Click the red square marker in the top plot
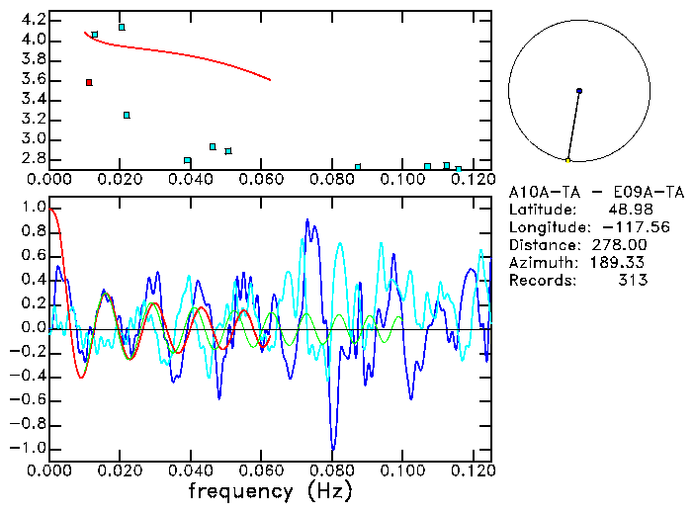(x=89, y=82)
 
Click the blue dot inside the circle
(x=578, y=91)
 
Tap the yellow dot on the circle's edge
(x=567, y=160)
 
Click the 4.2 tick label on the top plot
(x=33, y=20)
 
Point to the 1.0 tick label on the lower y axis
(x=33, y=209)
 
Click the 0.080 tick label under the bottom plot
(x=332, y=470)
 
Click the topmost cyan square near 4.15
(x=122, y=27)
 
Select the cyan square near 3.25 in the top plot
(x=127, y=115)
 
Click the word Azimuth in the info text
(x=540, y=263)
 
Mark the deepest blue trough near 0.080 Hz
(x=332, y=449)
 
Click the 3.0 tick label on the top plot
(x=33, y=138)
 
